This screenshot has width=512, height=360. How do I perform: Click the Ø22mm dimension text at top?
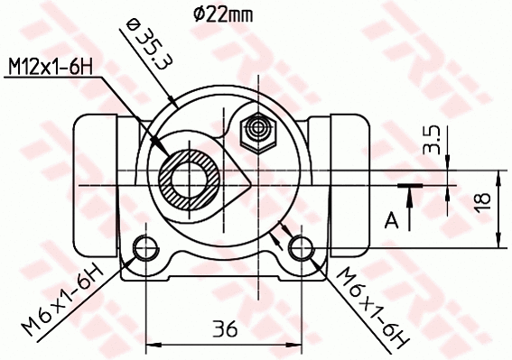point(222,13)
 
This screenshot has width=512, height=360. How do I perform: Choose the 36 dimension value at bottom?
point(225,330)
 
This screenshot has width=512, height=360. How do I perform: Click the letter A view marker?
point(390,218)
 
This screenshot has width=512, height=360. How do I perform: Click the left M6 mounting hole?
point(144,248)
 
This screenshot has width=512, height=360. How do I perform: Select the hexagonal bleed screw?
point(257,133)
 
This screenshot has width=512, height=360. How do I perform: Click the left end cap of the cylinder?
point(95,185)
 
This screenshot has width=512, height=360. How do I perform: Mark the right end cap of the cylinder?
point(352,185)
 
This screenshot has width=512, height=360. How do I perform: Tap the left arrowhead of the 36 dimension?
point(150,344)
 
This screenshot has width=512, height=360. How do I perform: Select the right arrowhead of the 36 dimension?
point(299,344)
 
